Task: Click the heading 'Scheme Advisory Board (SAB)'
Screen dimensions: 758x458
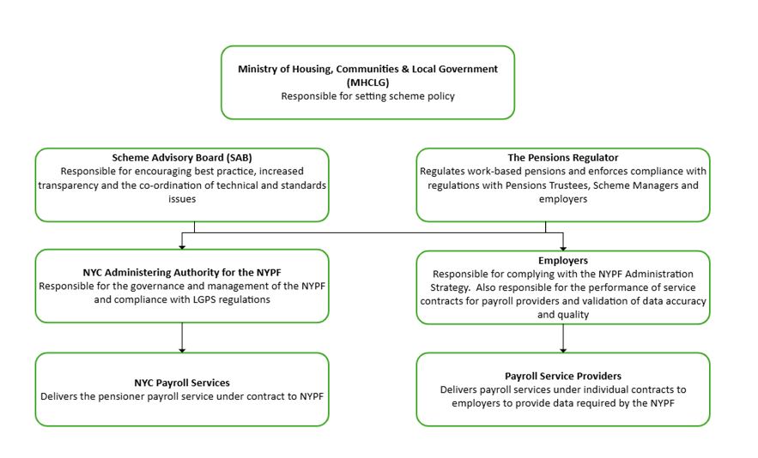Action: pyautogui.click(x=182, y=158)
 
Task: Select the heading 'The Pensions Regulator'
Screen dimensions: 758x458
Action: pyautogui.click(x=562, y=158)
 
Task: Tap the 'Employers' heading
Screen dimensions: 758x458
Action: pyautogui.click(x=563, y=261)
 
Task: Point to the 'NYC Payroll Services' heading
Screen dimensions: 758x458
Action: pyautogui.click(x=182, y=383)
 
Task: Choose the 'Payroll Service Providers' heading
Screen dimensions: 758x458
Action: pyautogui.click(x=563, y=376)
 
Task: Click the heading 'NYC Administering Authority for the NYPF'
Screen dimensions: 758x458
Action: pyautogui.click(x=182, y=273)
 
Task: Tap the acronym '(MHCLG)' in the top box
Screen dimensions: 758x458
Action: pyautogui.click(x=367, y=82)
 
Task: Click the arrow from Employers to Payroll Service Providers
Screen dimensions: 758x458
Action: pyautogui.click(x=563, y=338)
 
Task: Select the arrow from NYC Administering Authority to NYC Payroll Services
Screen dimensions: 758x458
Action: pyautogui.click(x=182, y=337)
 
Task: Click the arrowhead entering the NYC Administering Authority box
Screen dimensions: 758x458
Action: pyautogui.click(x=182, y=247)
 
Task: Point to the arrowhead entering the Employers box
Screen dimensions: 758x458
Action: pyautogui.click(x=563, y=248)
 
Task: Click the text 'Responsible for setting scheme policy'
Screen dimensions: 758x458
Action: pyautogui.click(x=368, y=96)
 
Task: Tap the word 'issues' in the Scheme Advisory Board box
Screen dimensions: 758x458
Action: pyautogui.click(x=182, y=199)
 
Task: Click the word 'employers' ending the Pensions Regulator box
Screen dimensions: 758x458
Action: pyautogui.click(x=563, y=199)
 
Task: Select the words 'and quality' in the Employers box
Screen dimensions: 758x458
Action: pyautogui.click(x=563, y=315)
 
